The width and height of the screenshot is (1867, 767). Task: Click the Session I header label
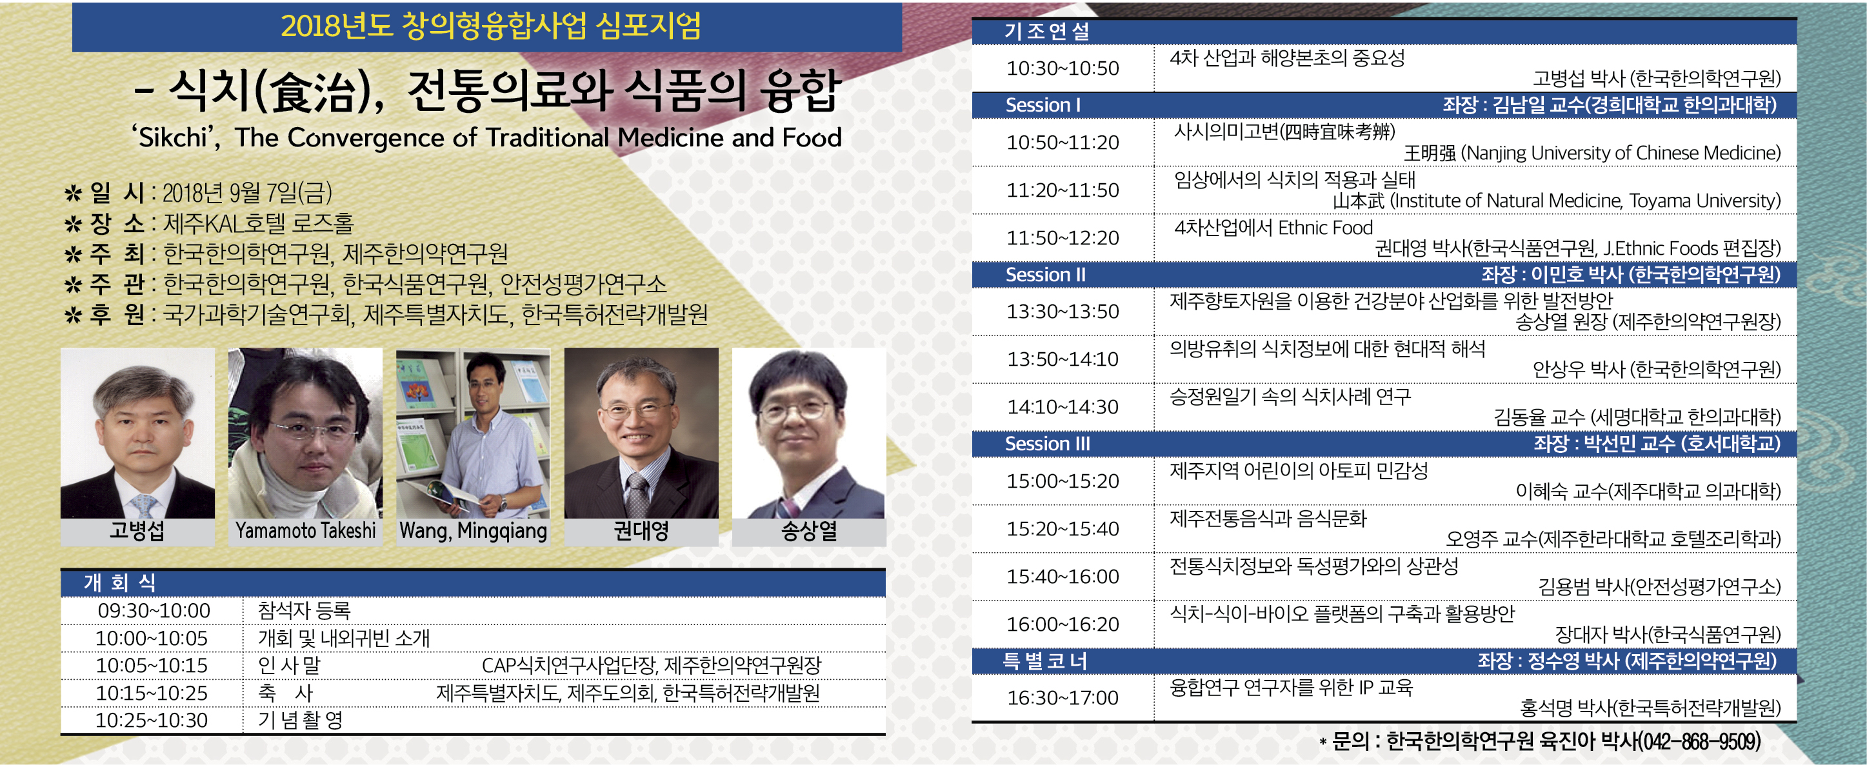(x=1043, y=105)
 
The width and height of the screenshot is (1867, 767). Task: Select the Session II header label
(x=1045, y=275)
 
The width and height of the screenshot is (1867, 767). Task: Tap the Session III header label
(x=1047, y=444)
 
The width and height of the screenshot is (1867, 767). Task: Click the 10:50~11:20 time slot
(x=1063, y=142)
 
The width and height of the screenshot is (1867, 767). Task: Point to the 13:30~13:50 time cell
(x=1063, y=311)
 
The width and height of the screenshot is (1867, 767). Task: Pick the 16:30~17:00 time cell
(x=1063, y=697)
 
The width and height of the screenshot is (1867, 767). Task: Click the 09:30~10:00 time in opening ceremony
(x=154, y=610)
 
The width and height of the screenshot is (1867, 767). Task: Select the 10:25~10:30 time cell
(x=152, y=720)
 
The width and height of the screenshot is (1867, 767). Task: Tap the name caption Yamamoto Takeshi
(x=305, y=531)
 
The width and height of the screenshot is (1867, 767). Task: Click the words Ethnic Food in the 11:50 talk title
(x=1326, y=228)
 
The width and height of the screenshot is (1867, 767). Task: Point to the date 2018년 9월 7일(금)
(x=247, y=193)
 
